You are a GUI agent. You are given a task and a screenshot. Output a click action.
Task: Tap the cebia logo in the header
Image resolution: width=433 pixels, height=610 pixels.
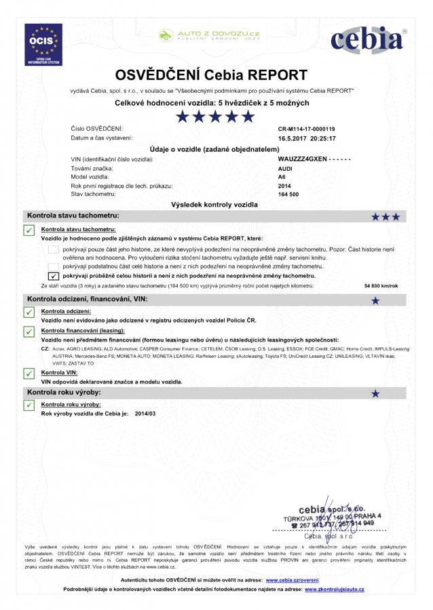367,40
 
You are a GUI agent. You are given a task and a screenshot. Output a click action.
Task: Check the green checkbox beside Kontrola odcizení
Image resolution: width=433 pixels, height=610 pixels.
29,312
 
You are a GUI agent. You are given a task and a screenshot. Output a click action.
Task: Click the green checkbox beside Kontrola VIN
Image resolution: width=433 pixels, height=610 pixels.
29,373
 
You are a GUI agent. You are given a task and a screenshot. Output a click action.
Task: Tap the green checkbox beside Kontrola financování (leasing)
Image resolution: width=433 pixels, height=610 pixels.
29,331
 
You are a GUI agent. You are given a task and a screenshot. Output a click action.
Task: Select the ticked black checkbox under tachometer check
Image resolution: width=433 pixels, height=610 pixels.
54,276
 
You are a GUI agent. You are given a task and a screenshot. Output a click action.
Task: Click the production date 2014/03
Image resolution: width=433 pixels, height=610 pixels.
145,413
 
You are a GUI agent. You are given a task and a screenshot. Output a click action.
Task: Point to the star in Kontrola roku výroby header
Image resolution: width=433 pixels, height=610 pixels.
375,393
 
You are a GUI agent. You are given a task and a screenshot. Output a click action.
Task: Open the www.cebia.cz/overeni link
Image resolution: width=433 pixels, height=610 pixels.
292,581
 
